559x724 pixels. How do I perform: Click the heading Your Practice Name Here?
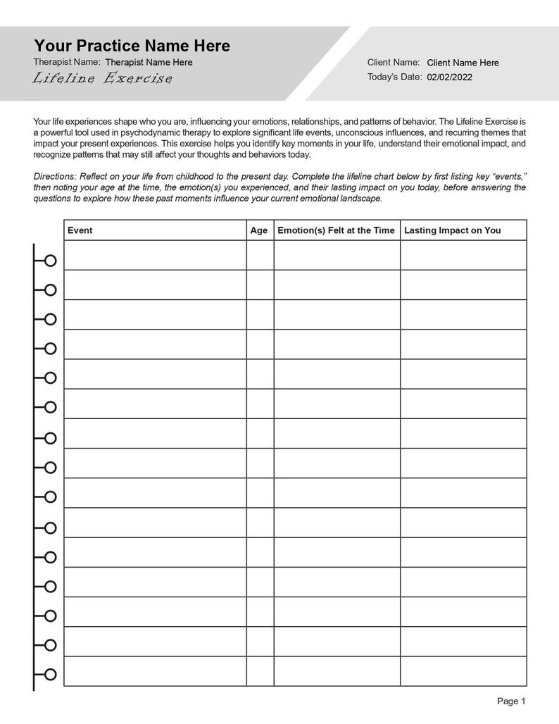point(132,46)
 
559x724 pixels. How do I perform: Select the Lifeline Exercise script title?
point(102,78)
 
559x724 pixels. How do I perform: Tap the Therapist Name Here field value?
point(149,62)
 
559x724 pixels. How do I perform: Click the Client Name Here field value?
point(463,63)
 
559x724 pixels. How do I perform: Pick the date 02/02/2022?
point(449,77)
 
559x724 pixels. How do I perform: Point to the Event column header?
point(80,230)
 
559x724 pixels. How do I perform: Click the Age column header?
point(259,230)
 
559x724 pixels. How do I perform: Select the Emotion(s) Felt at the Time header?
point(336,230)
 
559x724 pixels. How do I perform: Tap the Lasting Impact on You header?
point(452,230)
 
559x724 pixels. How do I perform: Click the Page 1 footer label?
point(511,701)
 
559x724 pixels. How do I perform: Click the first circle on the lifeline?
point(50,261)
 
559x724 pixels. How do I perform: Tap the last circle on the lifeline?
point(50,675)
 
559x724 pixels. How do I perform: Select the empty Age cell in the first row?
point(260,255)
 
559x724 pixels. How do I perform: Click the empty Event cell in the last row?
point(155,671)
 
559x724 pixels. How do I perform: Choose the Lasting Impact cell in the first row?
point(463,255)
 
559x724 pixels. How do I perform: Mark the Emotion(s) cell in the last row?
point(337,671)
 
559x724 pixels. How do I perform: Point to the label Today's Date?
point(394,77)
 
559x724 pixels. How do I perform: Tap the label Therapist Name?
point(67,62)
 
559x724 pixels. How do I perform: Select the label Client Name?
point(394,62)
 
